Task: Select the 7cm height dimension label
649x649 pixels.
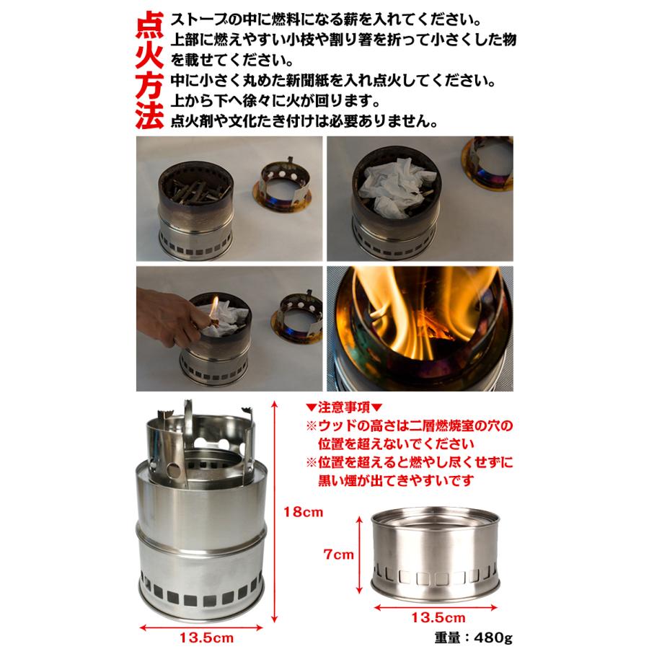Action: (x=338, y=555)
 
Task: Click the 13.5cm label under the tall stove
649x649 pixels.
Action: (x=206, y=638)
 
